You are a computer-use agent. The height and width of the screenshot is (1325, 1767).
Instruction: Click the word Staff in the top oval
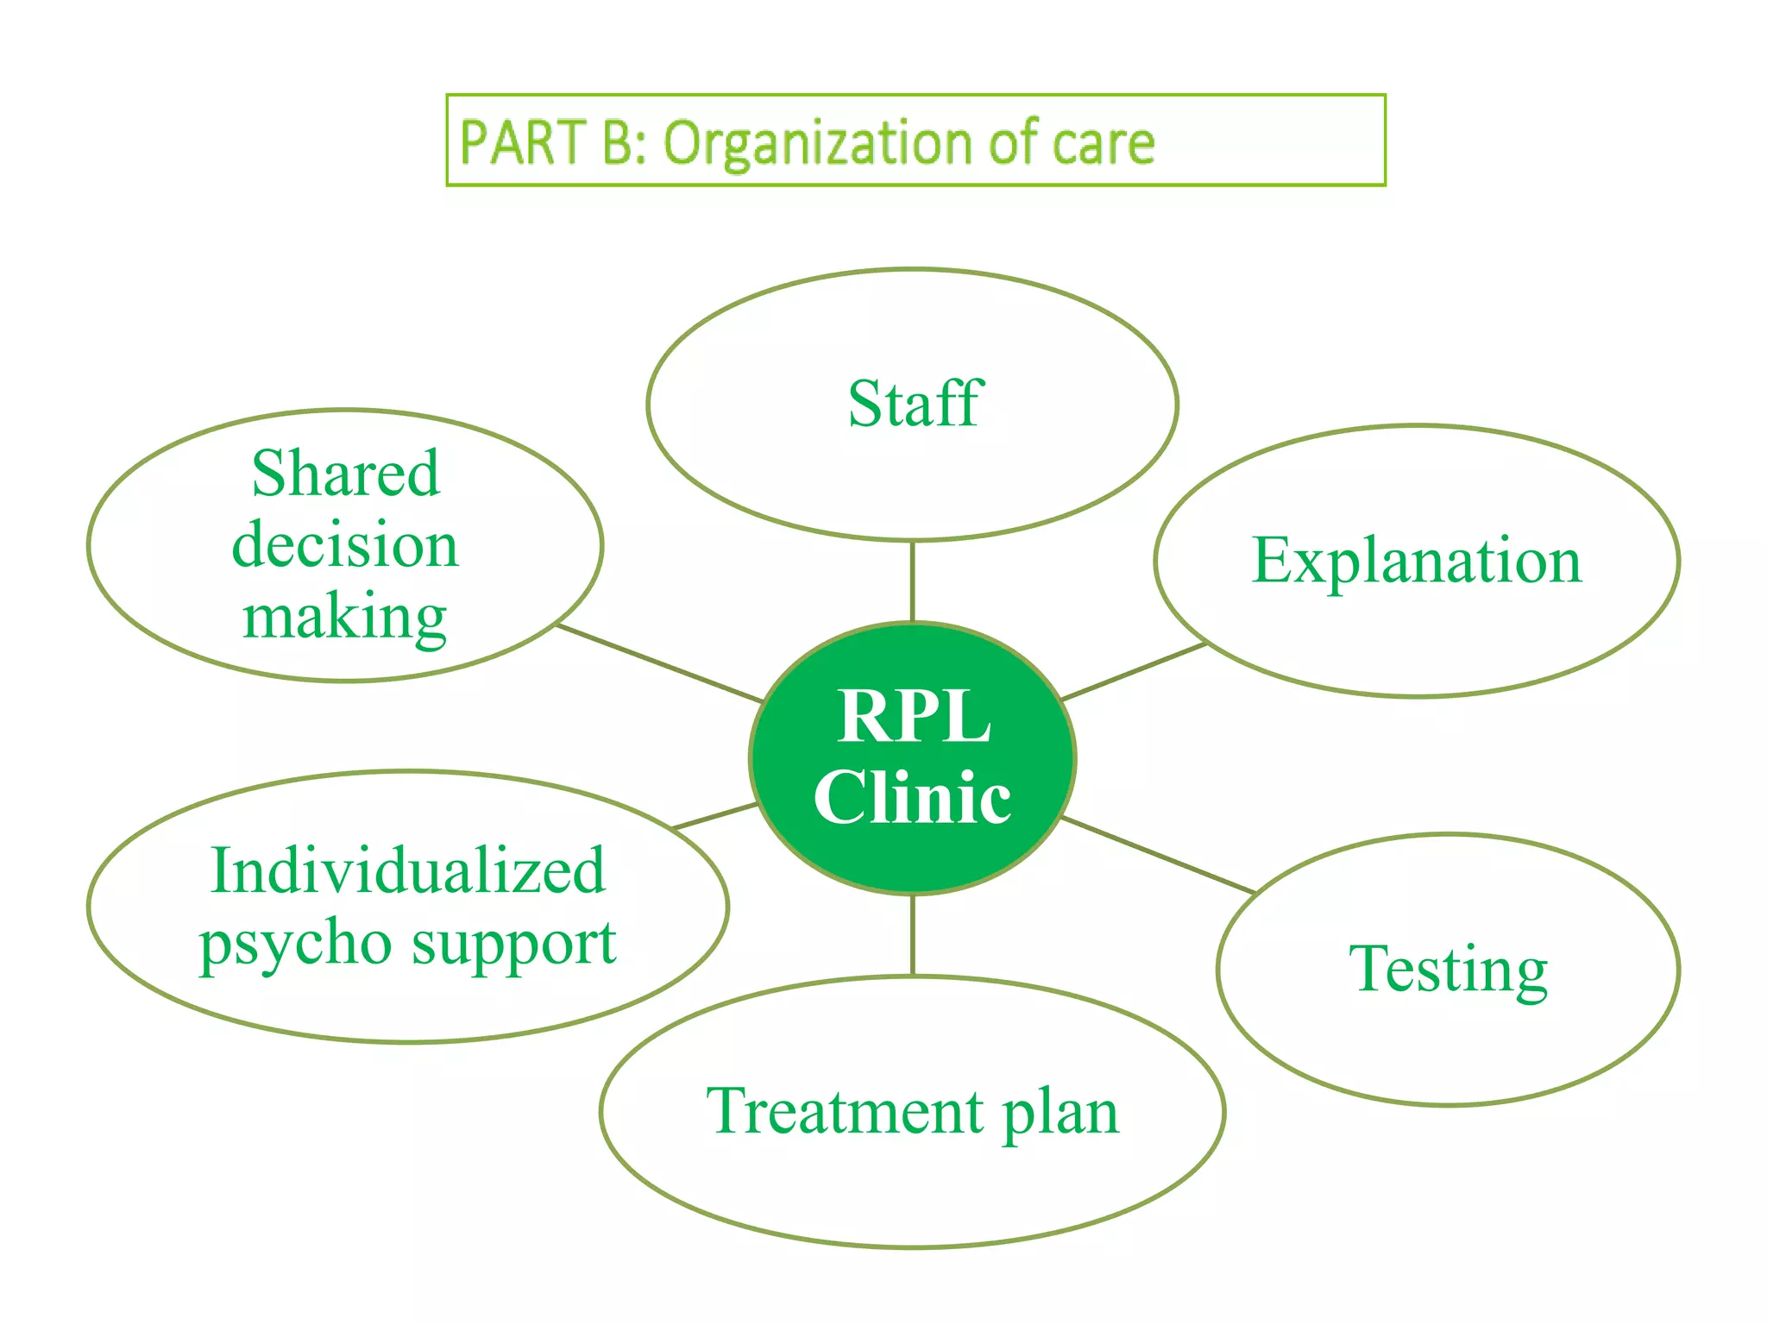(915, 404)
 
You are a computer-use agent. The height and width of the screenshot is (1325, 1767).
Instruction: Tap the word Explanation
(1417, 561)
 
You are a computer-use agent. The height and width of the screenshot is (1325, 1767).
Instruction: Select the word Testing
(1448, 970)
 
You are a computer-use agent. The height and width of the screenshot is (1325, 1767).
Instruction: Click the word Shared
(345, 474)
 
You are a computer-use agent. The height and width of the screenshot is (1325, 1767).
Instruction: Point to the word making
(345, 618)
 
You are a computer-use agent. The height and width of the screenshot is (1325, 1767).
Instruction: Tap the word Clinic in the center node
(912, 797)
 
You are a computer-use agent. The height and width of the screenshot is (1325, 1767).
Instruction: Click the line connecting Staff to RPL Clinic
(913, 581)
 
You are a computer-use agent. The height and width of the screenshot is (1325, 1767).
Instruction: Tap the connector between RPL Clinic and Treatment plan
(913, 935)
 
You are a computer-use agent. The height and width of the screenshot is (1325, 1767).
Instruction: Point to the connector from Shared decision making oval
(659, 663)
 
